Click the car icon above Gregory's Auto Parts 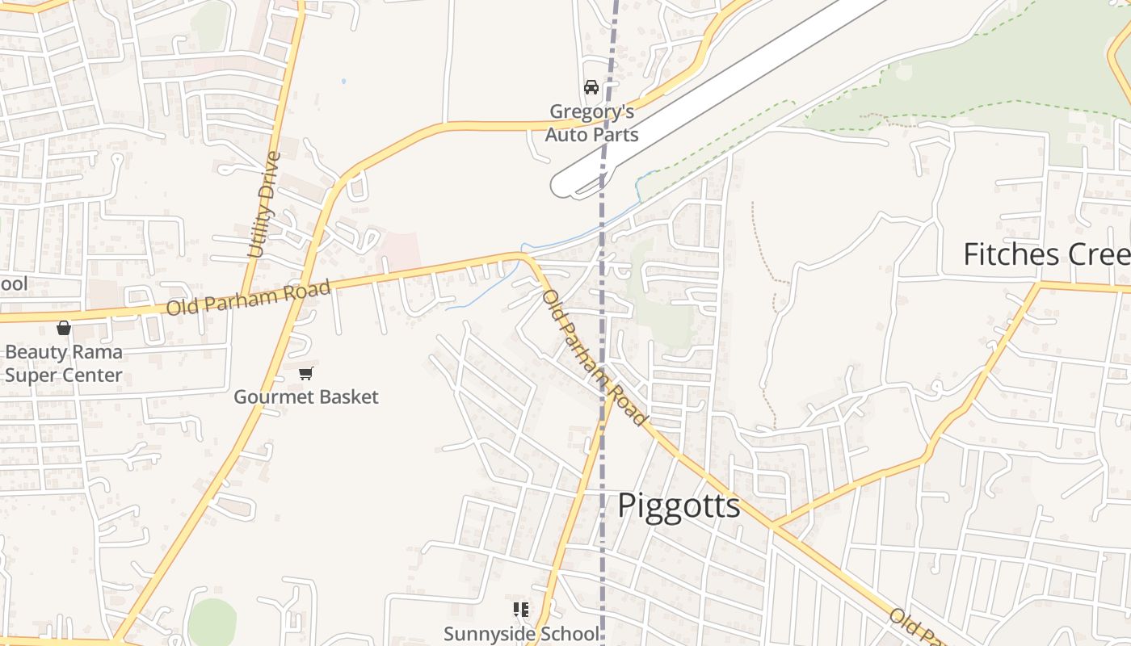tap(591, 87)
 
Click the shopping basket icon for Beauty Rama tap(64, 328)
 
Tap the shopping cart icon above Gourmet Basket tap(305, 373)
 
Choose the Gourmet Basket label tap(306, 397)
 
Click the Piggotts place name tap(679, 506)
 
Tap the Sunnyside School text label tap(522, 634)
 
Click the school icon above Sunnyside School tap(521, 610)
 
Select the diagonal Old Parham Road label tap(595, 357)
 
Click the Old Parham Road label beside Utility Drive tap(249, 298)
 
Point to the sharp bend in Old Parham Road tap(526, 257)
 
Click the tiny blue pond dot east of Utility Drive tap(343, 81)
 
